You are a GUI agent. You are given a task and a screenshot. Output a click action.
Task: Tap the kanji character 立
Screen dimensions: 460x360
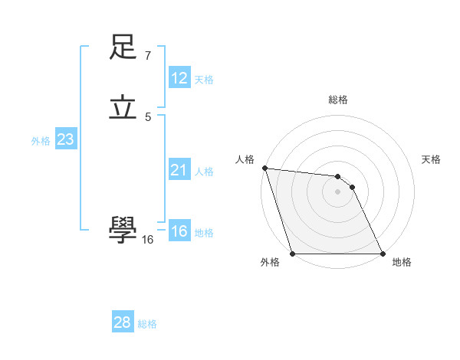[123, 108]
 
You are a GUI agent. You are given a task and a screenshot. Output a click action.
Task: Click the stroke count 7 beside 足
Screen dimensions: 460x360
[148, 55]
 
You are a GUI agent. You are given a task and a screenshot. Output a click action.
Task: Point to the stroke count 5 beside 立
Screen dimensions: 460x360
[148, 116]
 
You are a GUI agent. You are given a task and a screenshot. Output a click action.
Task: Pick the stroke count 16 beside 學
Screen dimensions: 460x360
[147, 240]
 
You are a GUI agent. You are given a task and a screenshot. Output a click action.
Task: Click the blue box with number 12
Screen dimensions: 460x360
[179, 78]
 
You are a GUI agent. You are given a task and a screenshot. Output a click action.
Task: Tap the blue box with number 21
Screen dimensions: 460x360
[179, 170]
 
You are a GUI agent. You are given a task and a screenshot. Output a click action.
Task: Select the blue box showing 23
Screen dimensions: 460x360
[65, 139]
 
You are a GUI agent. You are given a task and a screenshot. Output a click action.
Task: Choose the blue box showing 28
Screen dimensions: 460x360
[123, 322]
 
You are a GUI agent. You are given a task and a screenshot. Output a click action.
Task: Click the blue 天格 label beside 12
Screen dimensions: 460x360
[204, 80]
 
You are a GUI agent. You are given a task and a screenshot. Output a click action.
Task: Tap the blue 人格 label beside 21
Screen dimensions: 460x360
[204, 172]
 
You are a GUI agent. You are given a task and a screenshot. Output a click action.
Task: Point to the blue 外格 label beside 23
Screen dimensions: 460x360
[41, 141]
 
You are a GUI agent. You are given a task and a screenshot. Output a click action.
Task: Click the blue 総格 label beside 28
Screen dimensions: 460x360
[147, 324]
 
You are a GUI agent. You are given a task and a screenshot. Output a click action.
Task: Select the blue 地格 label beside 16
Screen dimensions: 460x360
[204, 233]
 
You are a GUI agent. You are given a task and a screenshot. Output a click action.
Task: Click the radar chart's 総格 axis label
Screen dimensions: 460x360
[337, 100]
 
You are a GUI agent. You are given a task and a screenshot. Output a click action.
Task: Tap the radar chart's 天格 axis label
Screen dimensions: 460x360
[432, 159]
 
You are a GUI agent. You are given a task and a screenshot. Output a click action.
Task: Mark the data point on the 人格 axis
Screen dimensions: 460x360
[264, 168]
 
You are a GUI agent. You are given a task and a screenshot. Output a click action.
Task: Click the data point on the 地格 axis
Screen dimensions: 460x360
[382, 253]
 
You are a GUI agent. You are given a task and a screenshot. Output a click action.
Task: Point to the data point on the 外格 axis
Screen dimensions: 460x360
[292, 253]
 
